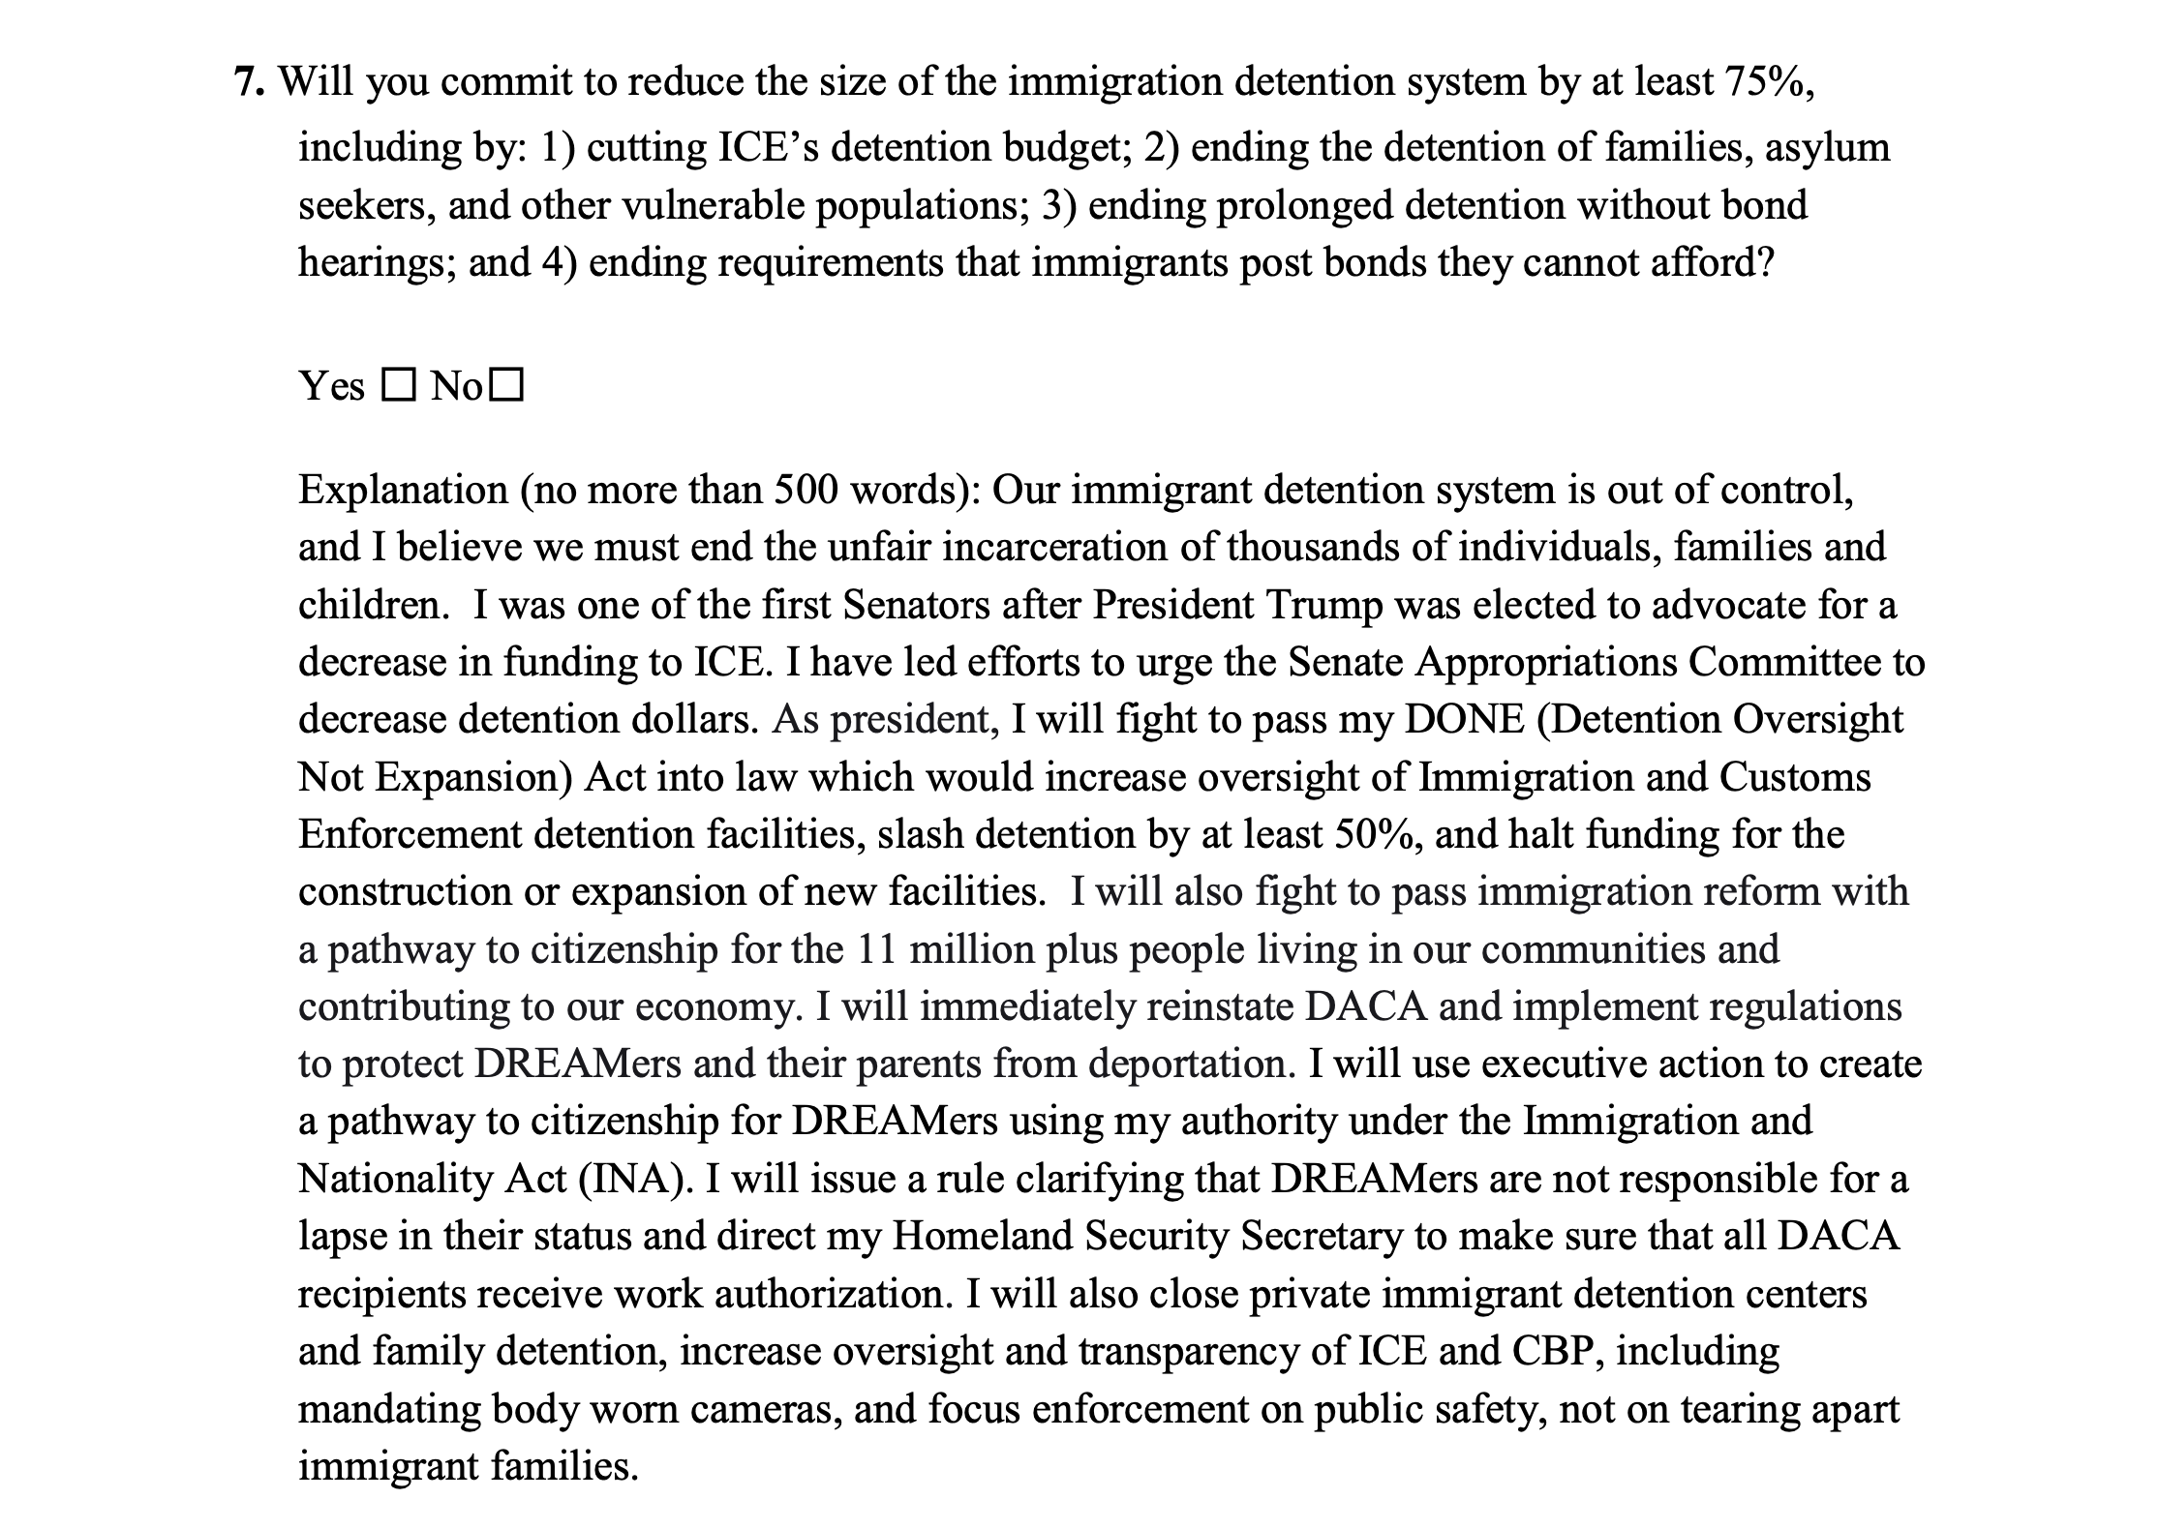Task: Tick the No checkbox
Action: (x=507, y=387)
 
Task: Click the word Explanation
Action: (x=403, y=490)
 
